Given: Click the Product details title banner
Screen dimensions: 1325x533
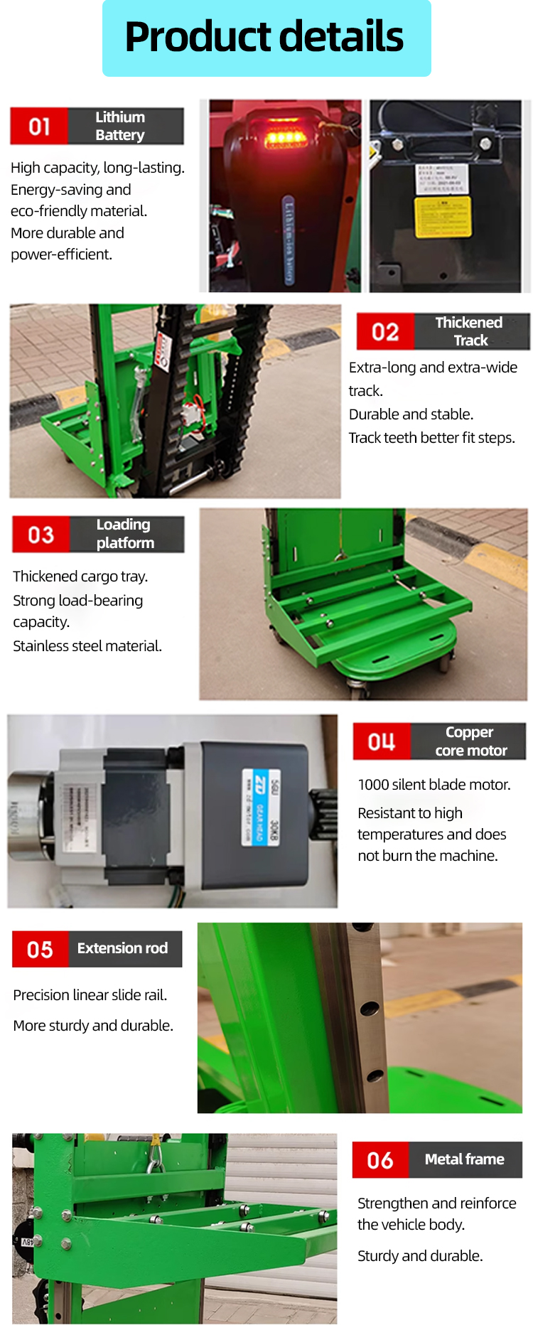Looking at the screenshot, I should pyautogui.click(x=266, y=38).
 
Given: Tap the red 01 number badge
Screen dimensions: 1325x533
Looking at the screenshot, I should pyautogui.click(x=39, y=127).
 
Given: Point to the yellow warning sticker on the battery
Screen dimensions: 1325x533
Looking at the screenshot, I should pyautogui.click(x=443, y=216).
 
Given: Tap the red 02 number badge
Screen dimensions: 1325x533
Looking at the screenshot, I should pyautogui.click(x=385, y=332).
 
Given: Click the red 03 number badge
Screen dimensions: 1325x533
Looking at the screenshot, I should pyautogui.click(x=41, y=535).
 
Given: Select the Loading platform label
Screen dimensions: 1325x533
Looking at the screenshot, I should pyautogui.click(x=126, y=534).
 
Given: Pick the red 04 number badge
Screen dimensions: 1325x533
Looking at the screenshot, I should pyautogui.click(x=382, y=742).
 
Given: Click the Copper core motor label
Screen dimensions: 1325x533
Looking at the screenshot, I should pyautogui.click(x=470, y=741).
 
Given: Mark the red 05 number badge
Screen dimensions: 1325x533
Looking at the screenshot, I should pyautogui.click(x=41, y=950).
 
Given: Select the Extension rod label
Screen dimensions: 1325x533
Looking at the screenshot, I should pyautogui.click(x=124, y=949).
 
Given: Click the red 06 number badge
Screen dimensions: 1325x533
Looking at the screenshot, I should pyautogui.click(x=380, y=1161).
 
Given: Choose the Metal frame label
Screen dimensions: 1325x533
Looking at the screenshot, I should pyautogui.click(x=465, y=1160).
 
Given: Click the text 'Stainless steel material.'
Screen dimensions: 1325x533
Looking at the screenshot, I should pyautogui.click(x=87, y=646).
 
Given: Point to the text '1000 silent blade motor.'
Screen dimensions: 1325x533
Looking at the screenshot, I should pyautogui.click(x=434, y=785).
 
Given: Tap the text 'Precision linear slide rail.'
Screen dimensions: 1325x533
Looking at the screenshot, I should pyautogui.click(x=90, y=995).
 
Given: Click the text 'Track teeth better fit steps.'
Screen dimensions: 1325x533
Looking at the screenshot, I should pyautogui.click(x=432, y=438).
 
